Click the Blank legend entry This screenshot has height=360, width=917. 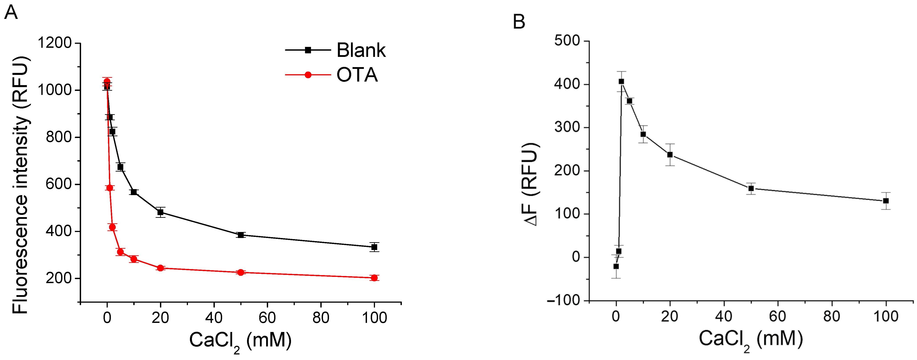tap(335, 50)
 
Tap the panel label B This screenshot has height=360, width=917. tap(519, 22)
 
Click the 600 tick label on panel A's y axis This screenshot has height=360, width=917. tap(59, 184)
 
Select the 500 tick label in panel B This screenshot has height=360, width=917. tap(567, 41)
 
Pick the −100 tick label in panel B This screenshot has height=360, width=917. tap(564, 300)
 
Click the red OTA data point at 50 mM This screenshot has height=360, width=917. tap(241, 272)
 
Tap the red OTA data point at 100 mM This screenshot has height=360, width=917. tap(374, 278)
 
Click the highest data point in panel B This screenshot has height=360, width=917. tap(621, 82)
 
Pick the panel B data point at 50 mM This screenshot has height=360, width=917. tap(751, 189)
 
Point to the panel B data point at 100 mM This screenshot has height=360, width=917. tap(886, 201)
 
